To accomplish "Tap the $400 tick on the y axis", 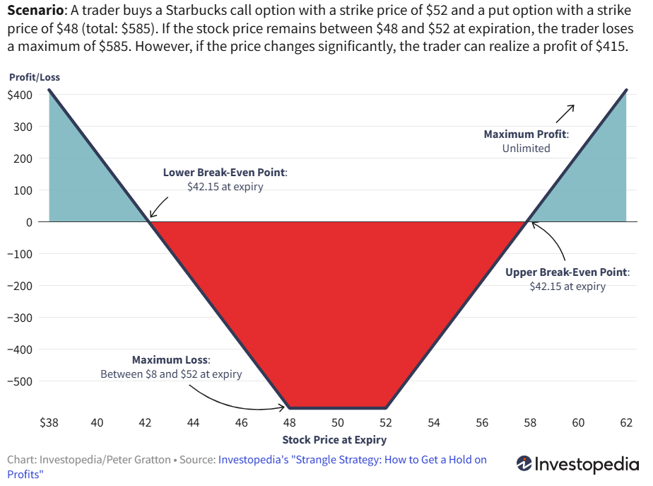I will click(20, 95).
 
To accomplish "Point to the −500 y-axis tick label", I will click(20, 381).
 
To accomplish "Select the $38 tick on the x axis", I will click(49, 423).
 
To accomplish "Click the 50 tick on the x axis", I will click(338, 423).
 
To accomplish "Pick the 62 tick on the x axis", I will click(626, 423).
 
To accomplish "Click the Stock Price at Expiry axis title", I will click(334, 440).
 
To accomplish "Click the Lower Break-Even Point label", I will click(225, 172).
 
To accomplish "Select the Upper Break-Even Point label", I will click(567, 272).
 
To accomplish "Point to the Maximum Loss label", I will click(171, 359).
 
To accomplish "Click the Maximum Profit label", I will click(526, 134).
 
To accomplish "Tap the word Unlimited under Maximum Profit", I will click(526, 149).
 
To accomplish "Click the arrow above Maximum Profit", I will click(565, 113).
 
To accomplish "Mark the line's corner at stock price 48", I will click(289, 408).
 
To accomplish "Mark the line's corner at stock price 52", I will click(386, 408).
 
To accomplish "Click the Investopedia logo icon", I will click(524, 463).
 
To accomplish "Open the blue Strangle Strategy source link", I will click(352, 460).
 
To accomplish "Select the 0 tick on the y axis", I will click(30, 222).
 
